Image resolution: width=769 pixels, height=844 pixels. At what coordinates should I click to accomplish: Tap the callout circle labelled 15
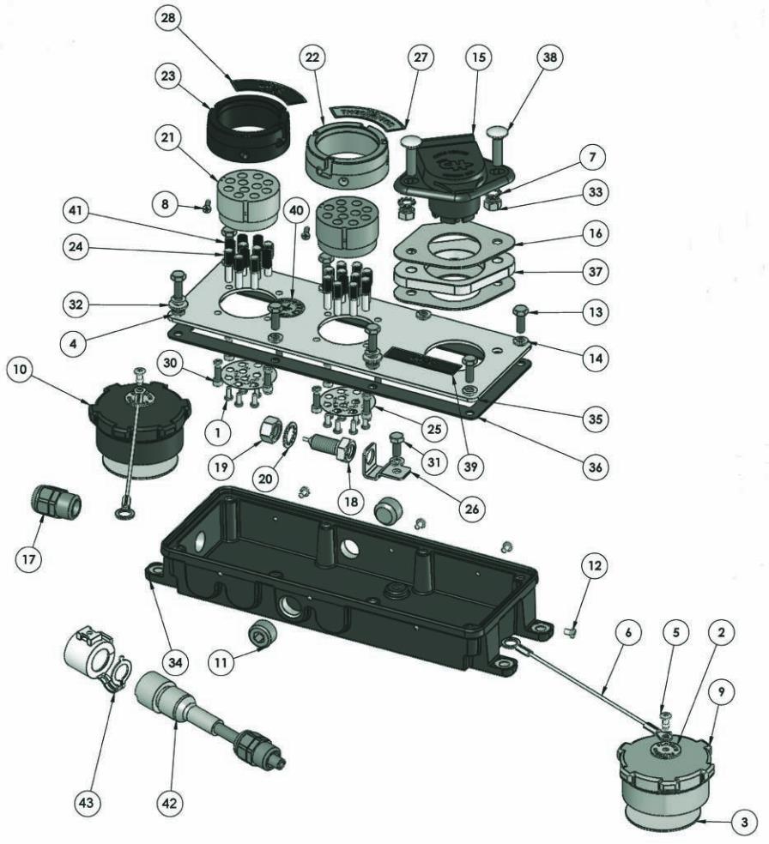pyautogui.click(x=477, y=57)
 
